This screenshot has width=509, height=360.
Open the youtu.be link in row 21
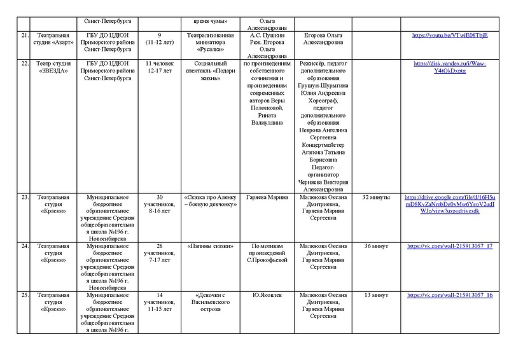[x=450, y=36]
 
